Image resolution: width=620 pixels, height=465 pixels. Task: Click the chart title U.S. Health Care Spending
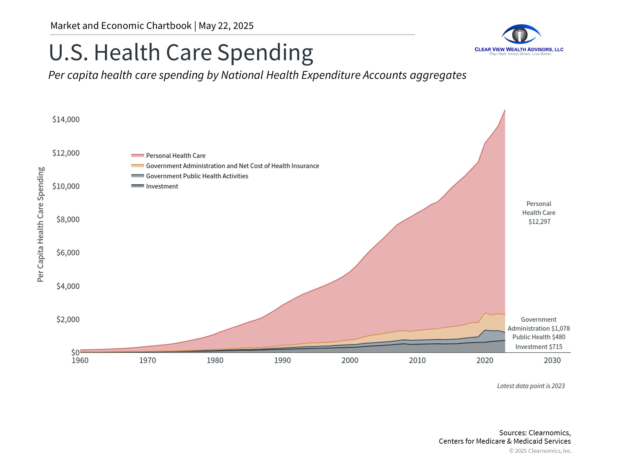pyautogui.click(x=181, y=52)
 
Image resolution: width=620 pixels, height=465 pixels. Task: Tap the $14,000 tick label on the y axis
pyautogui.click(x=66, y=119)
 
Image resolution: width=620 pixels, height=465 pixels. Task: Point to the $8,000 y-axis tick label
pyautogui.click(x=68, y=220)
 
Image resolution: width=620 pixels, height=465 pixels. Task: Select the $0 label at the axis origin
pyautogui.click(x=75, y=352)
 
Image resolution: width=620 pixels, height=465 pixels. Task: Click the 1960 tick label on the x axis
pyautogui.click(x=80, y=360)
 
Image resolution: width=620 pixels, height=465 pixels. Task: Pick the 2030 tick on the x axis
pyautogui.click(x=552, y=360)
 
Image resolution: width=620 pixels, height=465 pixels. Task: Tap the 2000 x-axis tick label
pyautogui.click(x=350, y=360)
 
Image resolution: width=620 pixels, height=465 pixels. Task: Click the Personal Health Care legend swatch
pyautogui.click(x=138, y=156)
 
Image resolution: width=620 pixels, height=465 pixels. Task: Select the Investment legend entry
pyautogui.click(x=162, y=186)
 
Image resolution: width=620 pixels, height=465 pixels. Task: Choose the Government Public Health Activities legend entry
pyautogui.click(x=197, y=176)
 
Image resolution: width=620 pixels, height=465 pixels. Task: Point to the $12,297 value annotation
pyautogui.click(x=539, y=222)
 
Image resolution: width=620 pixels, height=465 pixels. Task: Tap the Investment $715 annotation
pyautogui.click(x=539, y=347)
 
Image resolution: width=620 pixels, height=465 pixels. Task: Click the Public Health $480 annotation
pyautogui.click(x=539, y=337)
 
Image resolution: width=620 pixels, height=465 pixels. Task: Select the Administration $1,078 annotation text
pyautogui.click(x=539, y=328)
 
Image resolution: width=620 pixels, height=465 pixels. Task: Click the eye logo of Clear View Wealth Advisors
pyautogui.click(x=521, y=34)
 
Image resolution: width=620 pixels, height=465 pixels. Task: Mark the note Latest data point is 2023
pyautogui.click(x=531, y=386)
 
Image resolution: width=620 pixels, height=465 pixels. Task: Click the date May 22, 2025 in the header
pyautogui.click(x=226, y=26)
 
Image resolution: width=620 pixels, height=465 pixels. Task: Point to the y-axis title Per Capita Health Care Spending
pyautogui.click(x=41, y=224)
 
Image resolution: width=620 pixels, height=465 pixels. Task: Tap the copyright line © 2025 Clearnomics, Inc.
pyautogui.click(x=540, y=451)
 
